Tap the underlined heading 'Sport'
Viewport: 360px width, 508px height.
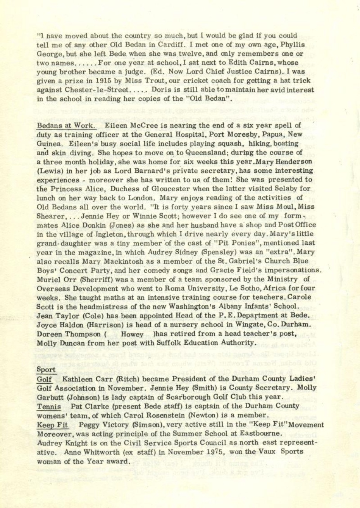click(x=46, y=370)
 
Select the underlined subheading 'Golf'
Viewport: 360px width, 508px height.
click(x=44, y=379)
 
